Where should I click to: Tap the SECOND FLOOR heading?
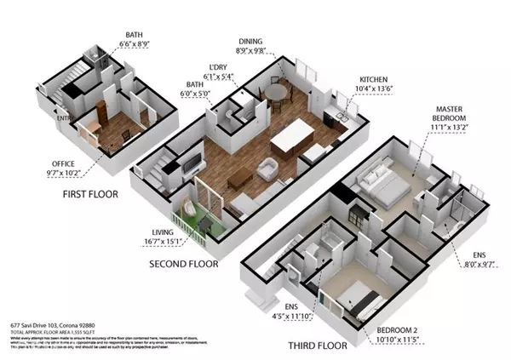point(184,265)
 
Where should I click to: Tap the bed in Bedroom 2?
point(355,298)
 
